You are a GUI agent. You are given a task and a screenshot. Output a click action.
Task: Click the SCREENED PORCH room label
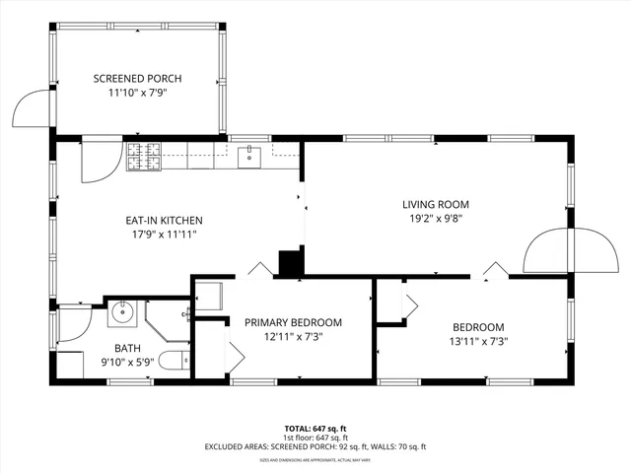click(x=137, y=79)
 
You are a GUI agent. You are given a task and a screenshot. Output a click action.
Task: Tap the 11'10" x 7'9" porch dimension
click(x=137, y=94)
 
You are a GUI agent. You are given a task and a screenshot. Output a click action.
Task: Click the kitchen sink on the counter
click(x=249, y=154)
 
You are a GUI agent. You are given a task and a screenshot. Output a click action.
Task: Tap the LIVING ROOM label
click(x=435, y=205)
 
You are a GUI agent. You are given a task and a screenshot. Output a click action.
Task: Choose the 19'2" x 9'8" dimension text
click(x=435, y=220)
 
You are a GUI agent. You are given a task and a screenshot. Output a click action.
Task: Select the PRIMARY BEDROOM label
click(x=293, y=322)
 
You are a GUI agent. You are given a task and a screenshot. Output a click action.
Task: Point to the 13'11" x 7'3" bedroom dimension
click(x=478, y=343)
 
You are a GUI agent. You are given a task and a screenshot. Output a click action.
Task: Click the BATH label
click(x=128, y=348)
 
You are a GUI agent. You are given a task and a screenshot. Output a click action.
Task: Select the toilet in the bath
click(x=175, y=362)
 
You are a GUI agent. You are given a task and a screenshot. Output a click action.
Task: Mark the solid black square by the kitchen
click(x=291, y=263)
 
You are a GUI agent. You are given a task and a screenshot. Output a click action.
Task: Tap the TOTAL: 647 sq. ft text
click(x=315, y=429)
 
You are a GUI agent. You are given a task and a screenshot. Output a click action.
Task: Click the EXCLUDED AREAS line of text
click(x=315, y=446)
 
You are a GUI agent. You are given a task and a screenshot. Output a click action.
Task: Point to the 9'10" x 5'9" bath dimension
click(x=128, y=363)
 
